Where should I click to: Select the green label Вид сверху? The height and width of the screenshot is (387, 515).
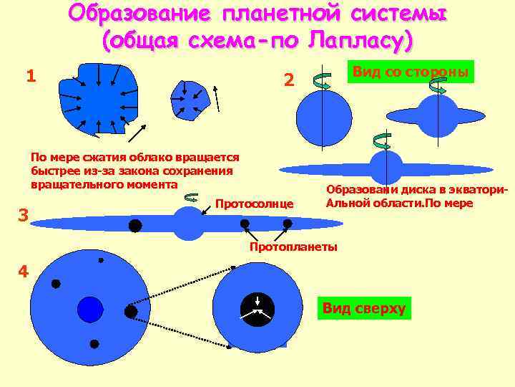pyautogui.click(x=363, y=309)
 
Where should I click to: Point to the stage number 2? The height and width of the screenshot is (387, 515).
pyautogui.click(x=288, y=80)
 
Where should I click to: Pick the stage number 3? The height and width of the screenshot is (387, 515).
pyautogui.click(x=22, y=214)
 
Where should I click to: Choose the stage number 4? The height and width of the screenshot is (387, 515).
pyautogui.click(x=24, y=272)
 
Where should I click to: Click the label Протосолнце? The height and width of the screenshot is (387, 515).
pyautogui.click(x=255, y=204)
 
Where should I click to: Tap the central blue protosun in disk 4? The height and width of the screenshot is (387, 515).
pyautogui.click(x=90, y=309)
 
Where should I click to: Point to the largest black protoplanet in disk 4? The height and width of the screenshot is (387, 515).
pyautogui.click(x=130, y=312)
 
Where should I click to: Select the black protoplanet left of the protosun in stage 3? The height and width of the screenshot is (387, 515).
pyautogui.click(x=134, y=226)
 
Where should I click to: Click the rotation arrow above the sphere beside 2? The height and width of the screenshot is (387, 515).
pyautogui.click(x=322, y=82)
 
